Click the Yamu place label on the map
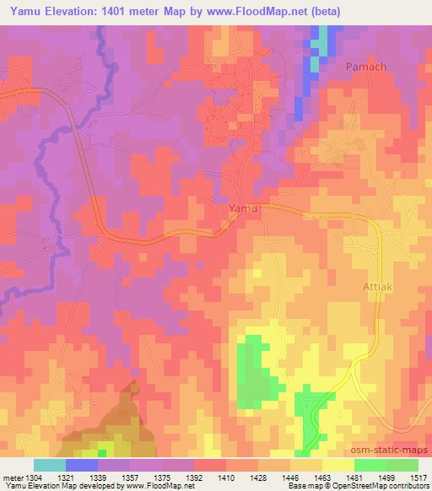(243, 206)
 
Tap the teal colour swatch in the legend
(50, 464)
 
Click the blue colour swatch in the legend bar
(82, 464)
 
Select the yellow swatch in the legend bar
(338, 464)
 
